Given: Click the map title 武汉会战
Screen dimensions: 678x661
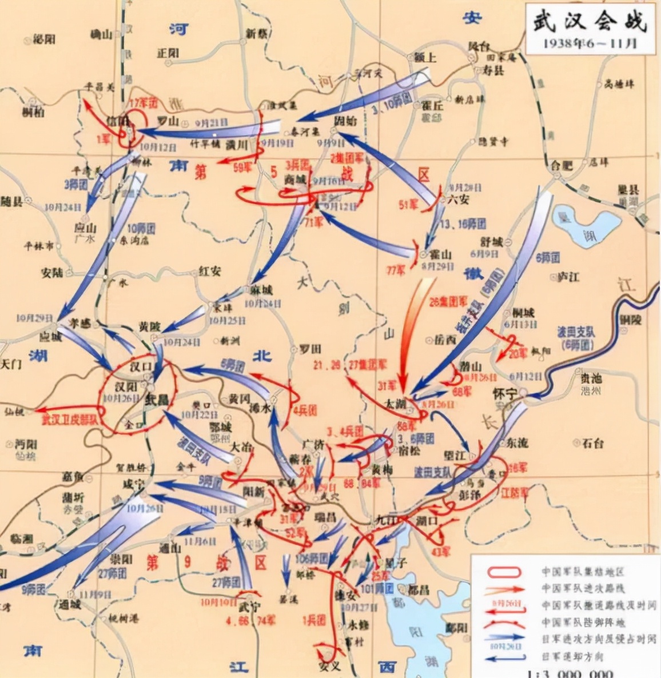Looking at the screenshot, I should pos(590,22).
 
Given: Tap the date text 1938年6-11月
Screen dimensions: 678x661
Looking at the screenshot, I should pos(590,44).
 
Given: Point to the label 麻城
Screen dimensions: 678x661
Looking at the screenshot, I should pos(260,290).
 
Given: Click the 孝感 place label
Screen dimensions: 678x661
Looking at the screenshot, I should pos(79,322).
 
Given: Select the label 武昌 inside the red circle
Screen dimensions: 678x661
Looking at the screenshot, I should pos(156,399).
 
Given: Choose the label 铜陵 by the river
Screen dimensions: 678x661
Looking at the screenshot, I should pos(631,319).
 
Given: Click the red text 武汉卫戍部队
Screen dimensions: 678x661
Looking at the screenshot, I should pos(70,419).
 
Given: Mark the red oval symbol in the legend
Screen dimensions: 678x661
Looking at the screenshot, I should pos(504,572).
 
